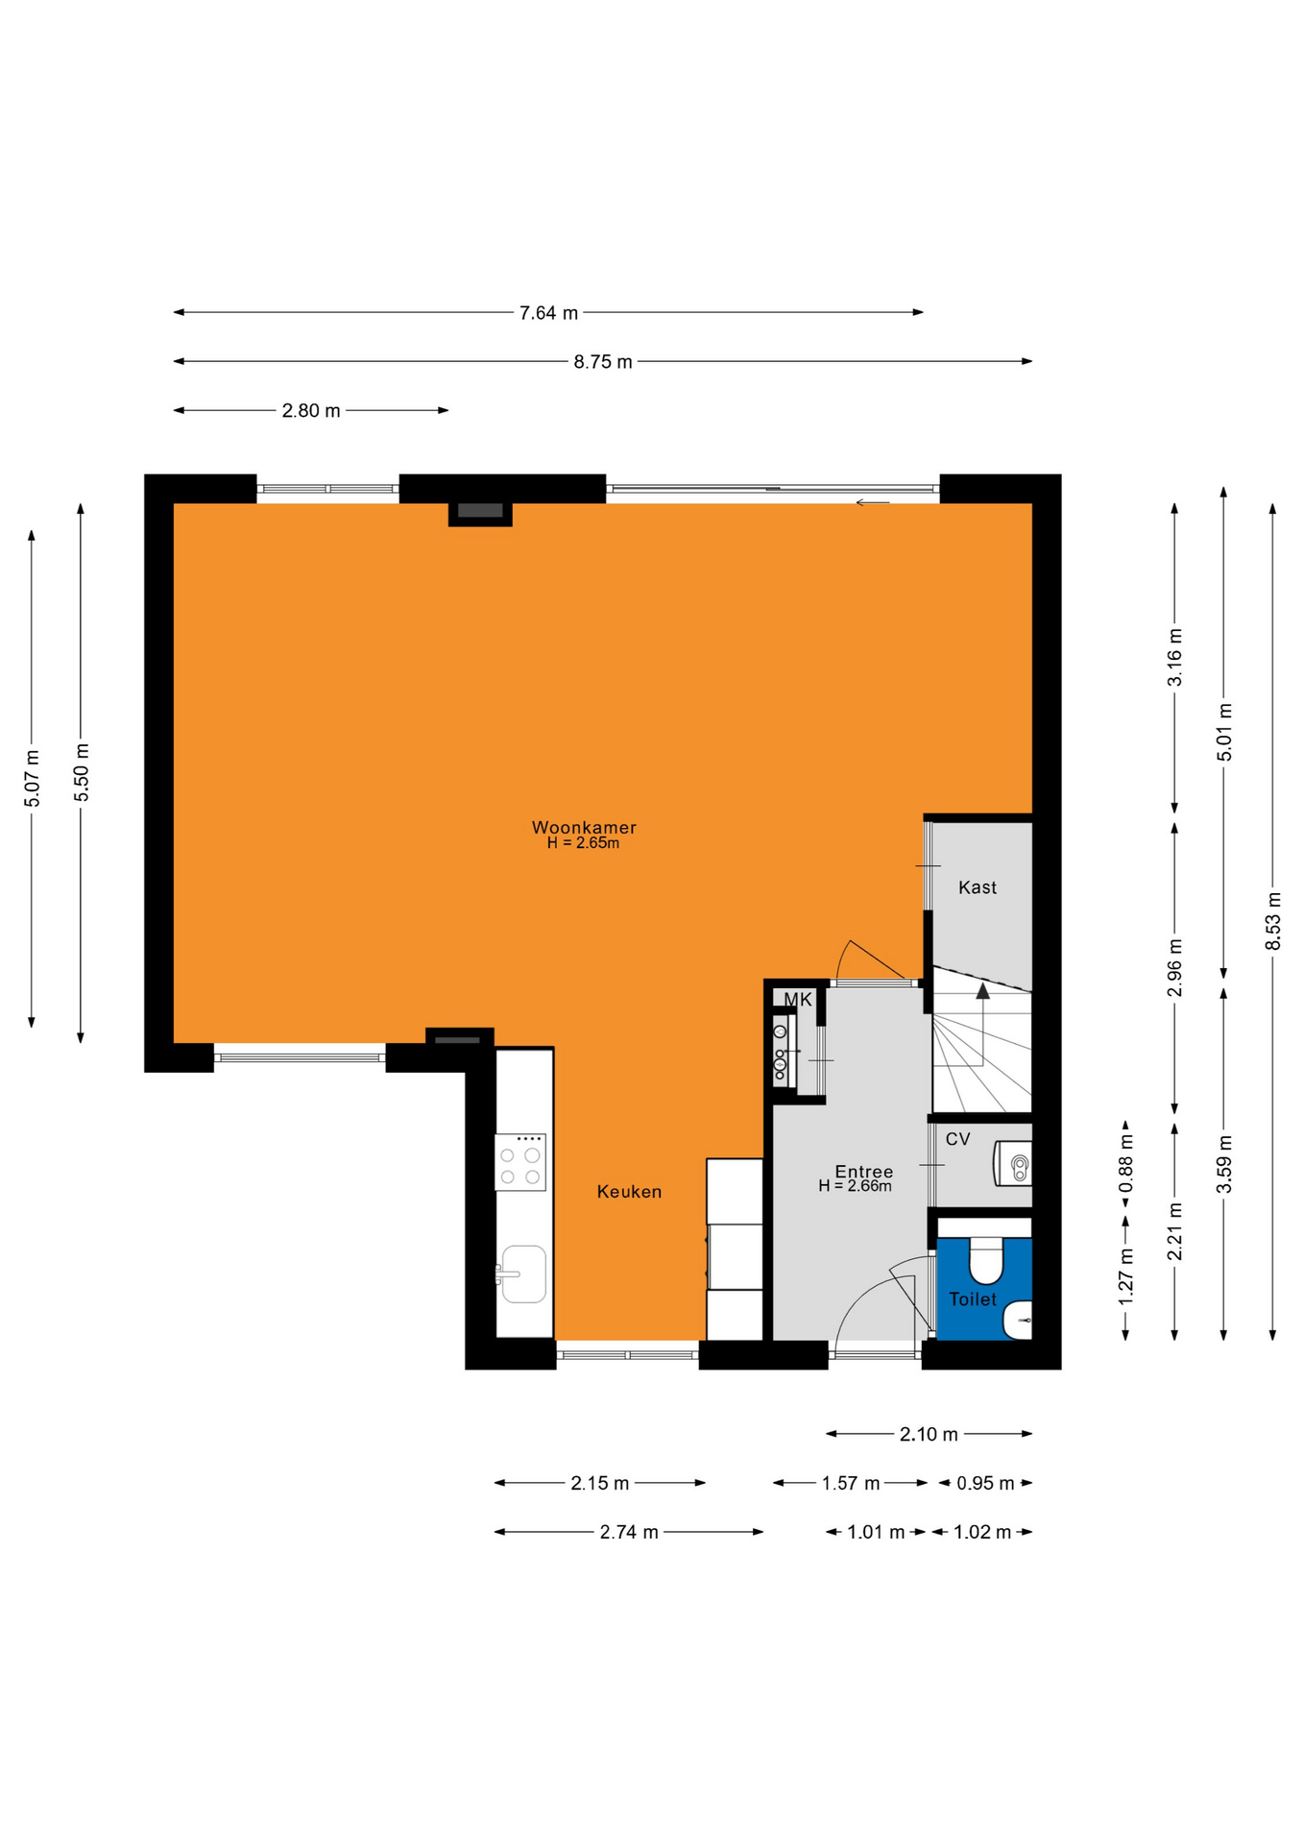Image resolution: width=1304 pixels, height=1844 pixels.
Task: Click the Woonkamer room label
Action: point(584,827)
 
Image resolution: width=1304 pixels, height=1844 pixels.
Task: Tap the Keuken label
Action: point(629,1192)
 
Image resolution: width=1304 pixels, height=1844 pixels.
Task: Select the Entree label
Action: point(864,1171)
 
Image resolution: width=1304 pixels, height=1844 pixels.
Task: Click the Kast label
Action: point(978,887)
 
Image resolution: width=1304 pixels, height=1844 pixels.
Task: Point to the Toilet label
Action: point(973,1299)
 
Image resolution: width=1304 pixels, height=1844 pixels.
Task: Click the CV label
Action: point(957,1139)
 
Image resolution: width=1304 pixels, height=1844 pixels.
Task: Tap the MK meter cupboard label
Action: point(798,1000)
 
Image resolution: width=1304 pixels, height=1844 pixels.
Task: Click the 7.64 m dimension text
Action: point(549,313)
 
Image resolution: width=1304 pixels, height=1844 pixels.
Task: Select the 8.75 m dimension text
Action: point(603,362)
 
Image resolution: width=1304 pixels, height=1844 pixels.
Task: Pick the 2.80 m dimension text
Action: point(311,411)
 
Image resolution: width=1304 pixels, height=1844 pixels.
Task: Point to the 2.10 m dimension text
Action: point(929,1435)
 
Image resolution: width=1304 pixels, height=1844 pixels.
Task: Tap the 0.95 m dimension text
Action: point(985,1484)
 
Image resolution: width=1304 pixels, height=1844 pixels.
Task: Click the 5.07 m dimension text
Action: point(33,778)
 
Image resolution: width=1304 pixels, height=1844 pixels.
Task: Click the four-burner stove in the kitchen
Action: point(520,1162)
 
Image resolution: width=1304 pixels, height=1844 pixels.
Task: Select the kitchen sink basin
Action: point(523,1274)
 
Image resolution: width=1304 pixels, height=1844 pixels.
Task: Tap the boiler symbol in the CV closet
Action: point(1014,1163)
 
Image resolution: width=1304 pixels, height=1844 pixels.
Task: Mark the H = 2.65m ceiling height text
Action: point(583,843)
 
